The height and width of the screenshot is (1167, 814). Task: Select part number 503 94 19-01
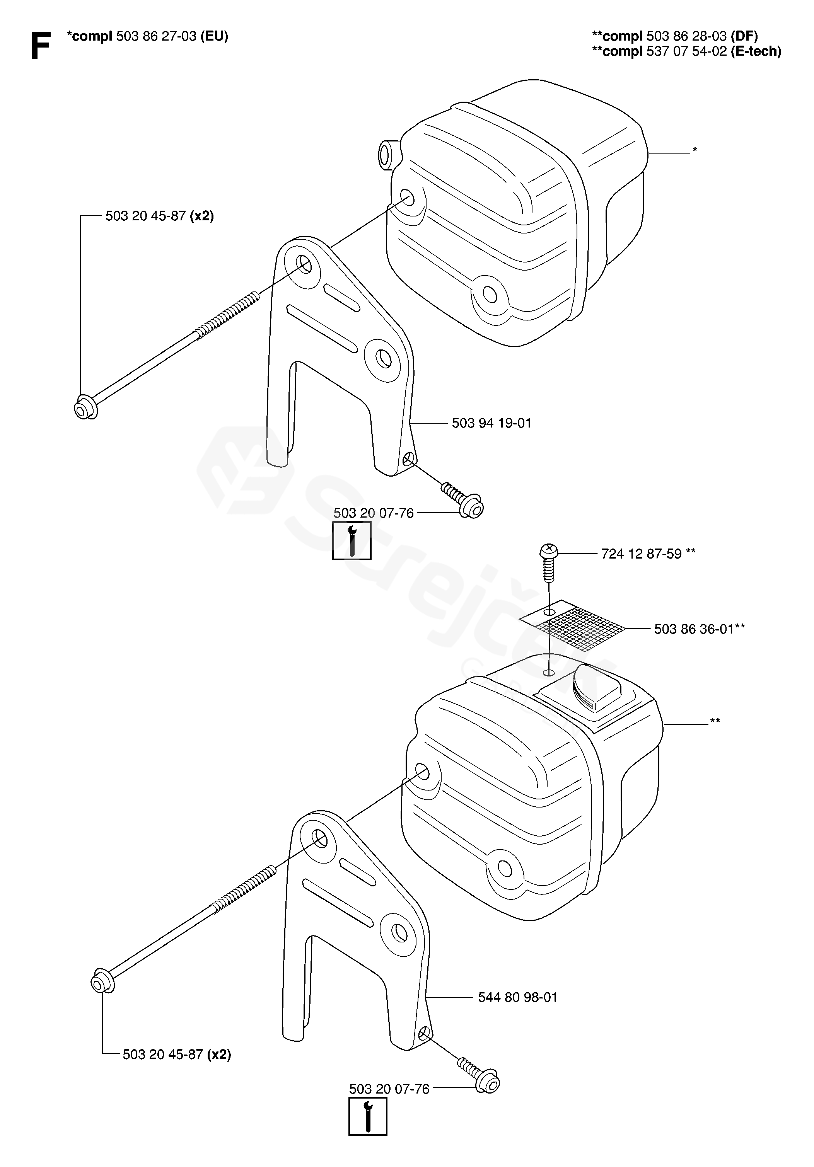tap(491, 423)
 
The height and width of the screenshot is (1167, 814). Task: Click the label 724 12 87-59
tap(641, 554)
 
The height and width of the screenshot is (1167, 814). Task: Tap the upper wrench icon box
tap(352, 540)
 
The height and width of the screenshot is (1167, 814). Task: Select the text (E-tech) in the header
tap(756, 51)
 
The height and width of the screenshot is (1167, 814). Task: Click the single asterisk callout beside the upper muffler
tap(695, 150)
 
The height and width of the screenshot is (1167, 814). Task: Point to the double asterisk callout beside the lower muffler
tap(715, 721)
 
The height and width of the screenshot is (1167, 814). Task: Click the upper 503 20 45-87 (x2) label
tap(159, 216)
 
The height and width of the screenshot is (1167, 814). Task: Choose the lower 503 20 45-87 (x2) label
tap(176, 1054)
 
